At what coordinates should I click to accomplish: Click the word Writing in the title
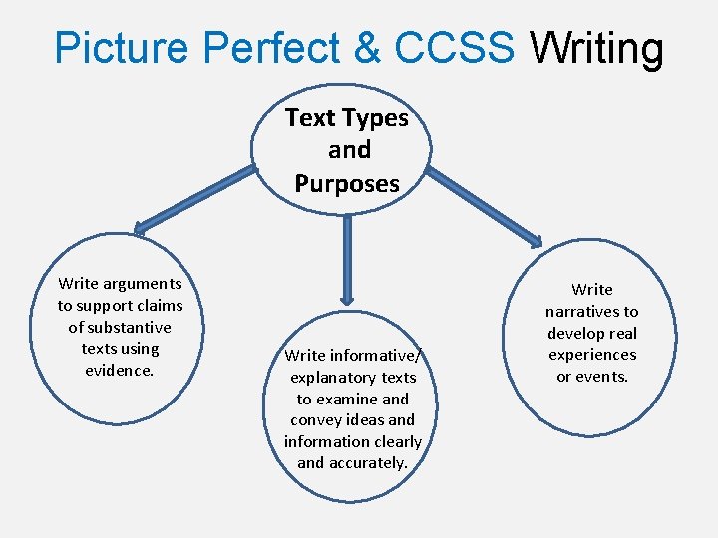(x=596, y=48)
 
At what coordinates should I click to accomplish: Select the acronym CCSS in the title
(x=454, y=48)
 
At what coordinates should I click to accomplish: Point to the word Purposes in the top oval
(x=347, y=183)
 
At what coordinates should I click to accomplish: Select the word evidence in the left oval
(x=119, y=370)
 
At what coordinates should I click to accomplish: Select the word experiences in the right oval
(x=592, y=355)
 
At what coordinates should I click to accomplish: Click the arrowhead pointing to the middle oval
(x=346, y=296)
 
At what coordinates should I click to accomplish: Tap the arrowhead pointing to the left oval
(x=140, y=230)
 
